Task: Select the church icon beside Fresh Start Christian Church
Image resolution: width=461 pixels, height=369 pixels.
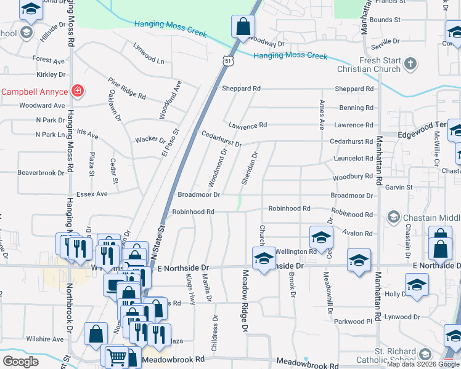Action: [x=410, y=63]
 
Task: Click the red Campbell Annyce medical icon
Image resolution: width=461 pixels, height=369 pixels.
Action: [x=78, y=92]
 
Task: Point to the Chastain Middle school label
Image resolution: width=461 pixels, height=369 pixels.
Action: [x=431, y=218]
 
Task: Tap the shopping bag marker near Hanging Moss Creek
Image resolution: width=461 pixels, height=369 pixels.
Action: [x=243, y=27]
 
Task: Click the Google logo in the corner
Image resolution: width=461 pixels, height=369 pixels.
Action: [x=20, y=362]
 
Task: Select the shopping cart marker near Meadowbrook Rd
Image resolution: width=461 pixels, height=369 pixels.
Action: [x=116, y=357]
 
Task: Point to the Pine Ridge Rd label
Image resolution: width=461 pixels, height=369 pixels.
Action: [x=126, y=89]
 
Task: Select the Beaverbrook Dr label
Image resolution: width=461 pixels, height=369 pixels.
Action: [x=41, y=173]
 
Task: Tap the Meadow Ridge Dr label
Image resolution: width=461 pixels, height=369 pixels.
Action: [x=245, y=301]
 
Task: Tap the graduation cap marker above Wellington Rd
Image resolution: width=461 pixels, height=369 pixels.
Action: [x=321, y=237]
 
